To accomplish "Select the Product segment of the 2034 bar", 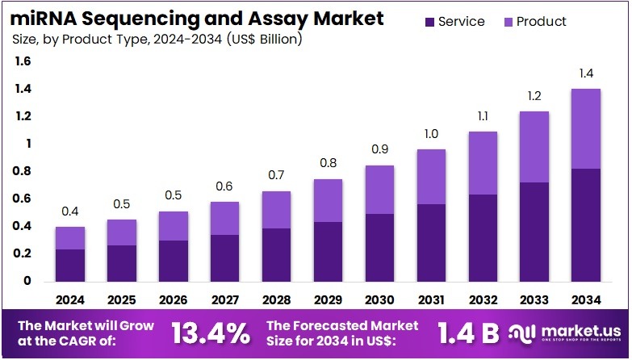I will pyautogui.click(x=586, y=128).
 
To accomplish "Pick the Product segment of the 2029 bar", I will pyautogui.click(x=329, y=200).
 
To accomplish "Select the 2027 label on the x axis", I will pyautogui.click(x=225, y=299).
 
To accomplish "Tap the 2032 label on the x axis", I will pyautogui.click(x=483, y=299).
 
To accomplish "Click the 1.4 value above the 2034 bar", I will pyautogui.click(x=586, y=74).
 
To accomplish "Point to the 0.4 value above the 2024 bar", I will pyautogui.click(x=70, y=211).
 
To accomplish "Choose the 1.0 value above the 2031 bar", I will pyautogui.click(x=432, y=134).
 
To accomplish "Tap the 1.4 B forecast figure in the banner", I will pyautogui.click(x=468, y=332).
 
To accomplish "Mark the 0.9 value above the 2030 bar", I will pyautogui.click(x=380, y=150).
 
